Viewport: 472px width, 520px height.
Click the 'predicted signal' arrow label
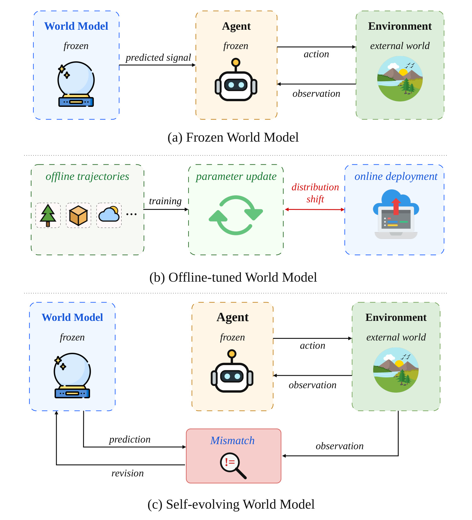[158, 58]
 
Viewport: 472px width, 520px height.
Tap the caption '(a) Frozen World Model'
[233, 137]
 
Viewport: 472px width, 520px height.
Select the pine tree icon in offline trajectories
[48, 215]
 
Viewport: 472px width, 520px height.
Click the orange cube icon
[78, 216]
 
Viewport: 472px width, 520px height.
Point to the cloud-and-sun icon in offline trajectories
[109, 214]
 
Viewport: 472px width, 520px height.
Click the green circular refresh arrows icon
[236, 215]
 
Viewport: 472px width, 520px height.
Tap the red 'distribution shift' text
[315, 193]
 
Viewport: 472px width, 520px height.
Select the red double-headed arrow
[315, 209]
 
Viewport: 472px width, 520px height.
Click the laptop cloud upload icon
[396, 214]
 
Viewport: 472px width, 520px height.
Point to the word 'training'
[165, 201]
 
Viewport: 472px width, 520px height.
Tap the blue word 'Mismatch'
[232, 440]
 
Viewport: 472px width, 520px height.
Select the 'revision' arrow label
[128, 473]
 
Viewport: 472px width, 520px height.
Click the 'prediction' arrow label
[130, 439]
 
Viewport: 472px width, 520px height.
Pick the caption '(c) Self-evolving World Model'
[231, 504]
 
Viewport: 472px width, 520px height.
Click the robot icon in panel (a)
[236, 80]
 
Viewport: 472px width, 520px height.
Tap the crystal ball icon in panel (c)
[72, 376]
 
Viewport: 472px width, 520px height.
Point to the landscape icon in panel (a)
[400, 79]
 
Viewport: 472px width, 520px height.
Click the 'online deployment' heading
[396, 176]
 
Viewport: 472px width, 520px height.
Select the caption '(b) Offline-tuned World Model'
[233, 277]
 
